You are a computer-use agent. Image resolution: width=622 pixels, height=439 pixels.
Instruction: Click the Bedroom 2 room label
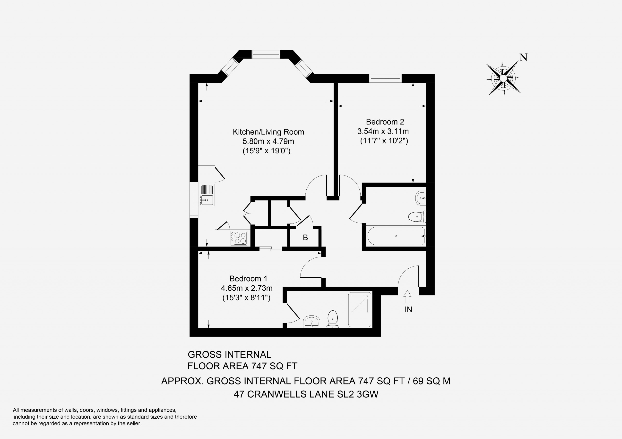(385, 122)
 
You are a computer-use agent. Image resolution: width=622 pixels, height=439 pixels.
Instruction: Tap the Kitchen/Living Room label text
(268, 132)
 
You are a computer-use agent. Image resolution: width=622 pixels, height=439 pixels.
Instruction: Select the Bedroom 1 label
(248, 279)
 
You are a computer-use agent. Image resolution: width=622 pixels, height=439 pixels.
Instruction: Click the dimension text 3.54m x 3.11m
(383, 131)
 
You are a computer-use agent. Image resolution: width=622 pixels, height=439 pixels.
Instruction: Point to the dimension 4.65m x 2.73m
(247, 288)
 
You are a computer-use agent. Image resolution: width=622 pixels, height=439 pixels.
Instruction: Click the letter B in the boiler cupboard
(305, 238)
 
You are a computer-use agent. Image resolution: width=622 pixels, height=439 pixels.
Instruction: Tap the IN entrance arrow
(407, 297)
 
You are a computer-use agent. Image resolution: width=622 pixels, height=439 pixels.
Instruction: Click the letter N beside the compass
(524, 57)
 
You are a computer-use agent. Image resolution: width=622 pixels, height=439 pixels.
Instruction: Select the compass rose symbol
(503, 78)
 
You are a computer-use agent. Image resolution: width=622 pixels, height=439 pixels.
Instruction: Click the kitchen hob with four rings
(239, 238)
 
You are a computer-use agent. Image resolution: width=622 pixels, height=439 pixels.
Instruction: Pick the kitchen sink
(207, 195)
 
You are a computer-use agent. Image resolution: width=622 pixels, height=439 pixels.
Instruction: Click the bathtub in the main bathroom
(396, 236)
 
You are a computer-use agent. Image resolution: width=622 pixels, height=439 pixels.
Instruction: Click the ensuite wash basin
(312, 322)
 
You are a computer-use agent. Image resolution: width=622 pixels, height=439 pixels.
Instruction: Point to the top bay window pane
(266, 54)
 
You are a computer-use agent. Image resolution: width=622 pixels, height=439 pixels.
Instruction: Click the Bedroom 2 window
(385, 78)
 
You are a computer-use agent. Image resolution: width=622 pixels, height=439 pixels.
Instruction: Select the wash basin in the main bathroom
(420, 198)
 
